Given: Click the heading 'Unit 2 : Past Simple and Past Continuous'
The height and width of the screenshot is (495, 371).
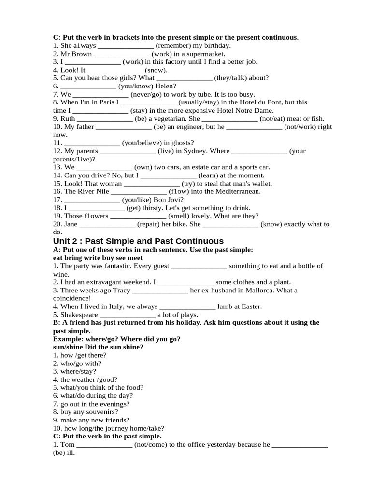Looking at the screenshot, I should click(x=138, y=241).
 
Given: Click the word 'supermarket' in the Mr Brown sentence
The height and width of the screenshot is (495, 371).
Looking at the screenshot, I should click(x=209, y=54).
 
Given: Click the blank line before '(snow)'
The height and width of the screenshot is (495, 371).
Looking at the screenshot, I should click(x=115, y=70).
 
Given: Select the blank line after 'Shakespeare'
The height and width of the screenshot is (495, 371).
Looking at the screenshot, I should click(x=128, y=314).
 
